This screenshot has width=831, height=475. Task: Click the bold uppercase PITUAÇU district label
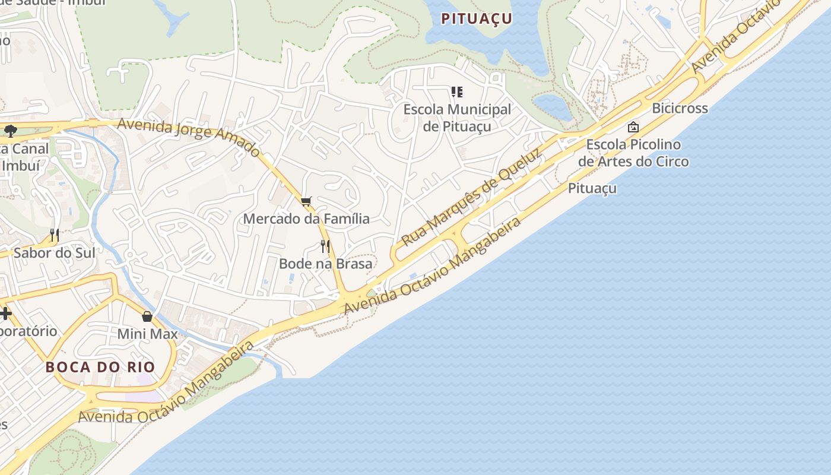[x=476, y=18]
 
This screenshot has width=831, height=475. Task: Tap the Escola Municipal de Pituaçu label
[x=456, y=118]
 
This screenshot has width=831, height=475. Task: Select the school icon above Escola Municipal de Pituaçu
[x=456, y=92]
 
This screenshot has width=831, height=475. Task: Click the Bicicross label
[x=680, y=108]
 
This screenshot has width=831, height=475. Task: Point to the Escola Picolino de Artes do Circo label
[x=633, y=153]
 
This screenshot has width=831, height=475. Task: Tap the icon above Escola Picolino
[x=633, y=127]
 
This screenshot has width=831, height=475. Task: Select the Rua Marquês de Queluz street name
[x=472, y=198]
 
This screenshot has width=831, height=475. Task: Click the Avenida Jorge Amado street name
[x=189, y=136]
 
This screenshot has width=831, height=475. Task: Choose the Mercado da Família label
[x=306, y=218]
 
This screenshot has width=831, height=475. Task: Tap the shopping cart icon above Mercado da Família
[x=306, y=202]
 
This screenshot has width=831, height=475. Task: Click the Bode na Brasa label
[x=325, y=263]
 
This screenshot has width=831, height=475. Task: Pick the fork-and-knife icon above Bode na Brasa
[x=325, y=246]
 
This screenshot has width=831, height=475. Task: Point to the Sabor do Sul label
[x=54, y=253]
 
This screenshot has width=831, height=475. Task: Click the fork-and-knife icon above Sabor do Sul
[x=54, y=235]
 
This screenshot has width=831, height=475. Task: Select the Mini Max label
[x=147, y=334]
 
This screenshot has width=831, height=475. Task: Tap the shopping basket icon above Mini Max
[x=147, y=316]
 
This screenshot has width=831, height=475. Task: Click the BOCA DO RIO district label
[x=100, y=367]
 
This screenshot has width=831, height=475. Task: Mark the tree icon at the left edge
[x=10, y=131]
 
